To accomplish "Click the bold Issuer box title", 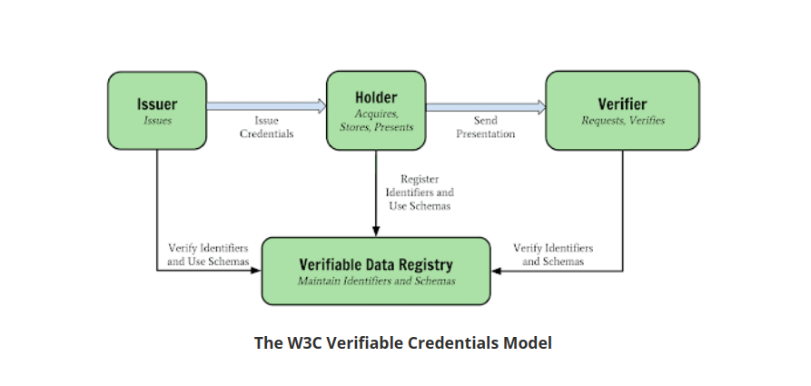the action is coord(157,104).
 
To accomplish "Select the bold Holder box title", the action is coord(376,97).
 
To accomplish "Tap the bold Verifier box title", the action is coord(622,104).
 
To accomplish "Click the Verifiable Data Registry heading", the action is coord(376,264).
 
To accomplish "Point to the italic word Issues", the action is coord(157,121).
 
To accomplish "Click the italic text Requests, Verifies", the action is coord(623,121).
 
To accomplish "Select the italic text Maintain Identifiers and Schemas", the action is coord(376,281).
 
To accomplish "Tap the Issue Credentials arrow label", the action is coord(266,127).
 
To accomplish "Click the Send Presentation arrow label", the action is coord(485,127).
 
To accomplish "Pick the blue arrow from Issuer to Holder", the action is coord(266,106).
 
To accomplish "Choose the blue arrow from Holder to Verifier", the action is coord(486,107).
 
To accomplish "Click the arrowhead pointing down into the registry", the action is coord(376,231).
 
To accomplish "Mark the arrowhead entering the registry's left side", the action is coord(256,270).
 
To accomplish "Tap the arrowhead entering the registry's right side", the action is coord(496,271).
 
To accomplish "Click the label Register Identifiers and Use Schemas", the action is coord(420,193).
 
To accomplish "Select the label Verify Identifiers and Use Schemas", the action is coord(208,254).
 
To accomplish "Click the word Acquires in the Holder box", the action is coord(377,114).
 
